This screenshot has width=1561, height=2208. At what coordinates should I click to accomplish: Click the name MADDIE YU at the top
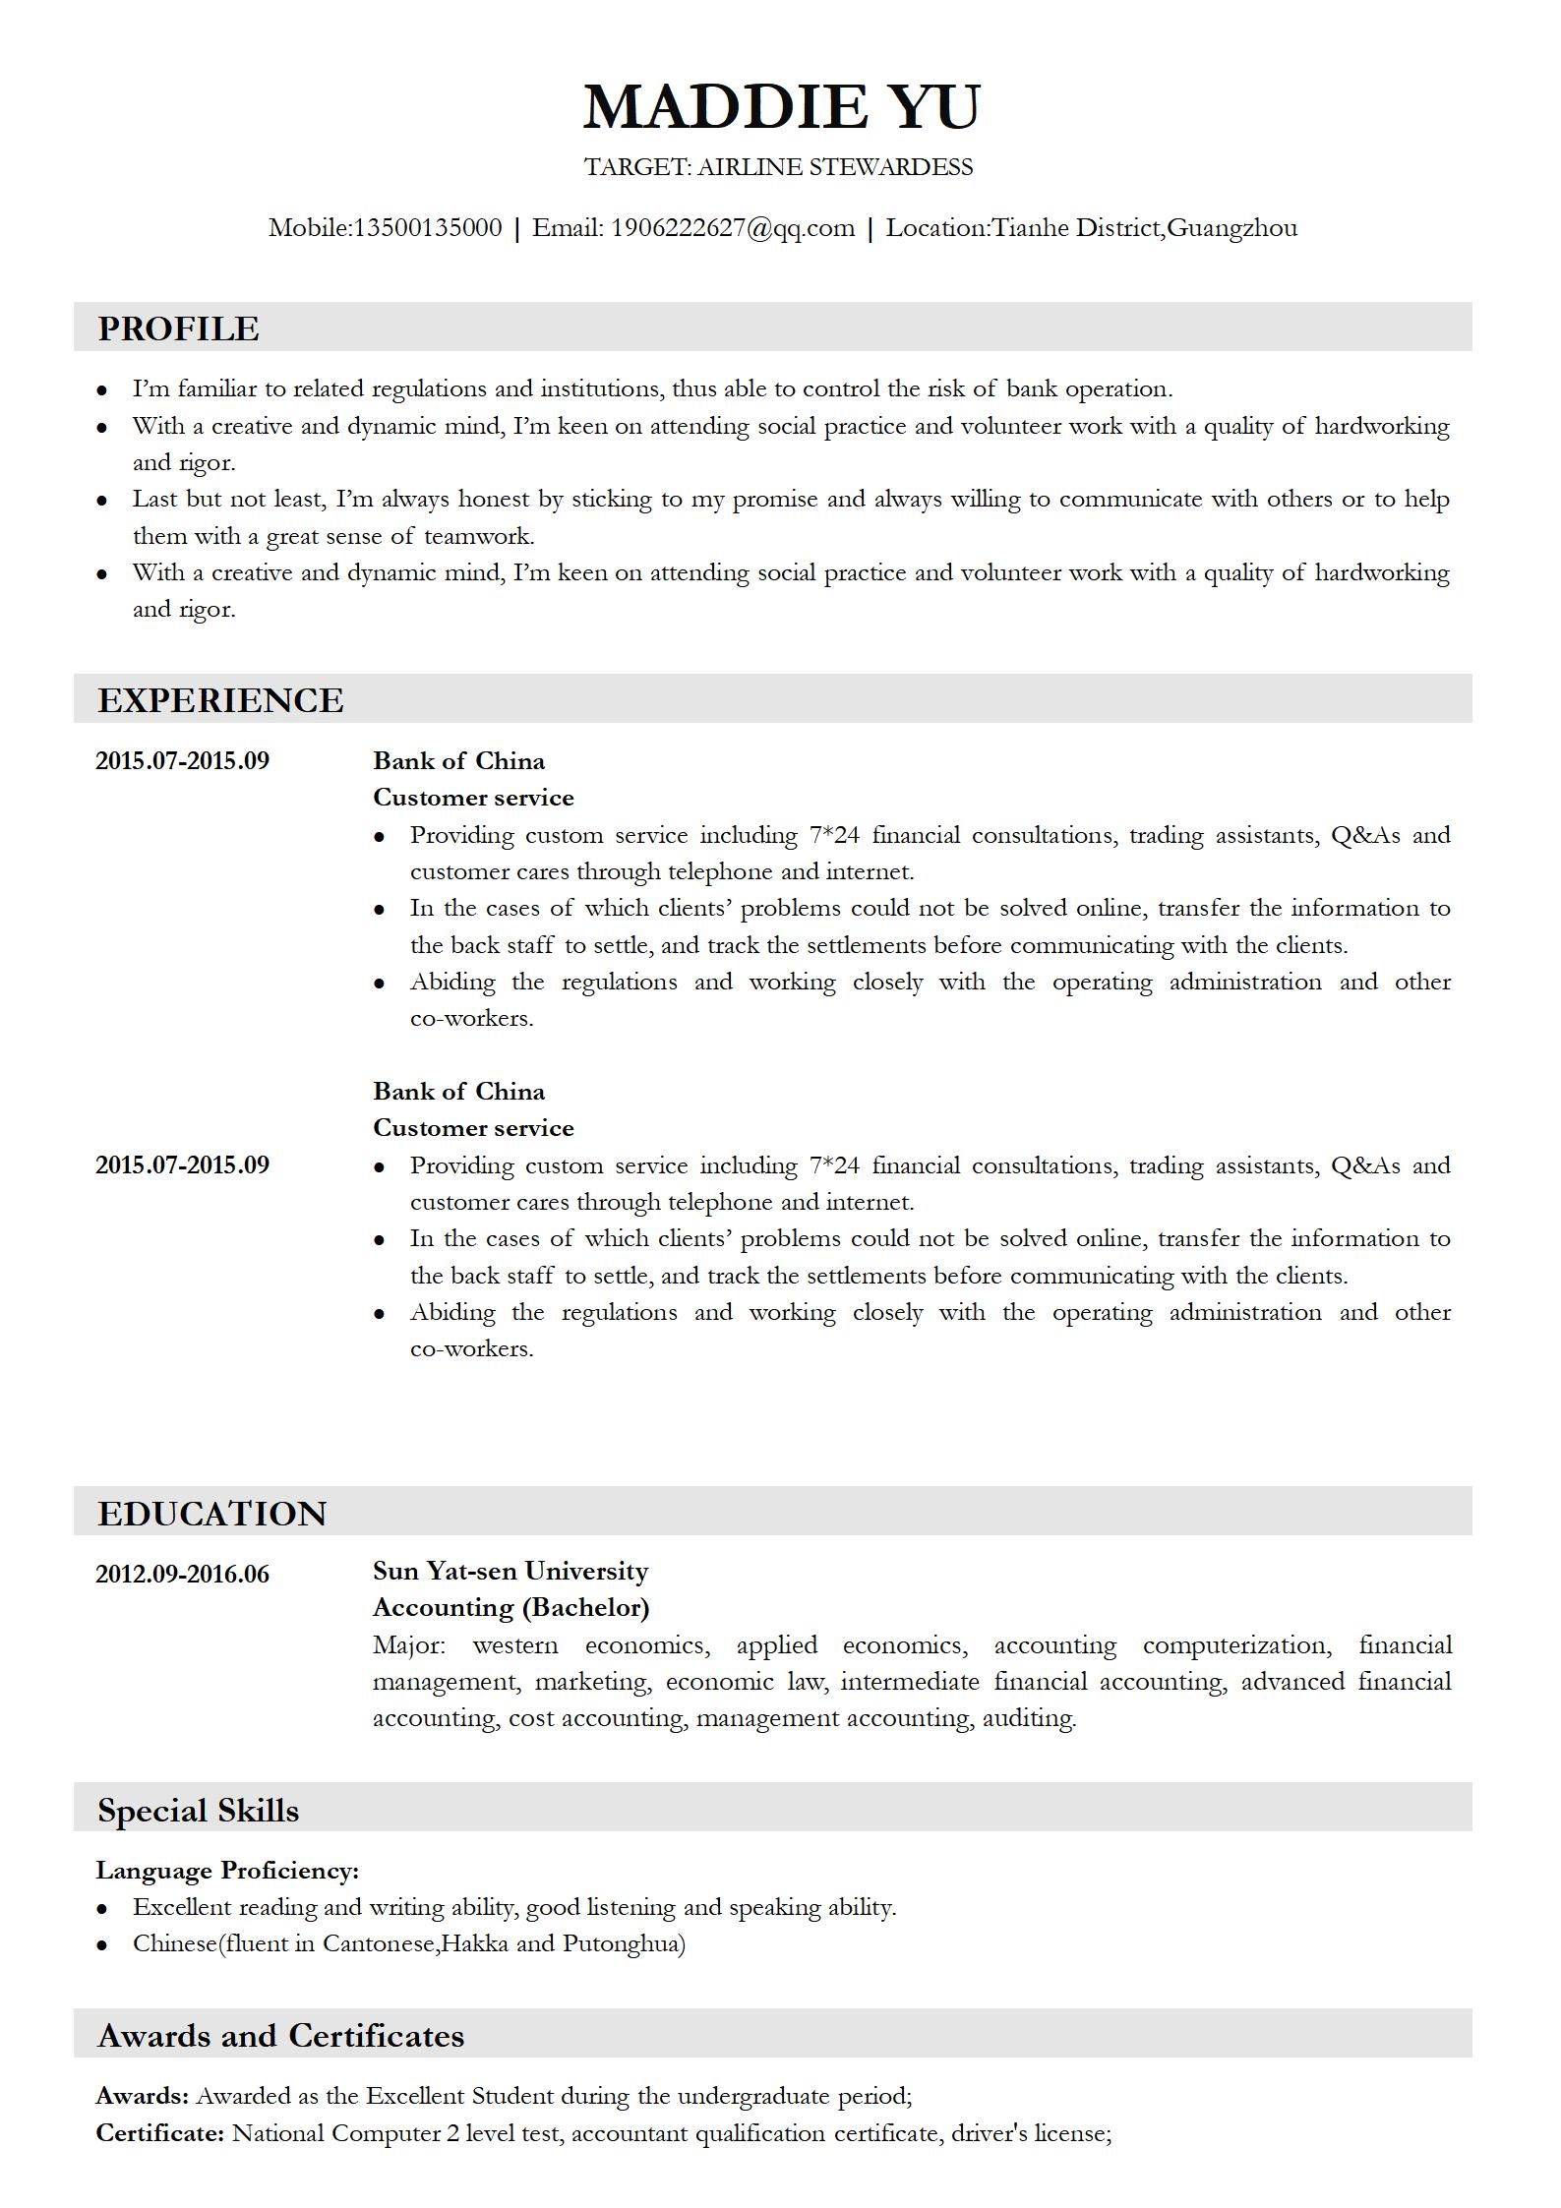(781, 106)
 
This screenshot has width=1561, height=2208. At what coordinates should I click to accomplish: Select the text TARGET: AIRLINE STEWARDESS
(778, 167)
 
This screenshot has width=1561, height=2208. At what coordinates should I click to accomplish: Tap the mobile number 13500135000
(427, 228)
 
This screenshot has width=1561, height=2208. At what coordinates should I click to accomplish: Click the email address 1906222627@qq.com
(732, 228)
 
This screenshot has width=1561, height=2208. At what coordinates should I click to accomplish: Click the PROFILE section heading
(178, 328)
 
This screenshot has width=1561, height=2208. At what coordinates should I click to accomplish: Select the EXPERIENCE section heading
(220, 700)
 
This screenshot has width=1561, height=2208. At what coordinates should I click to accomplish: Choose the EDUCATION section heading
(211, 1514)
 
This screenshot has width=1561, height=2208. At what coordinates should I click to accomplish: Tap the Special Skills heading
(198, 1811)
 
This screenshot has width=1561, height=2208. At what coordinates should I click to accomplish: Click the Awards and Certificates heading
(280, 2036)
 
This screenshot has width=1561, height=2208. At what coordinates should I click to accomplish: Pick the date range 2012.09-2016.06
(182, 1574)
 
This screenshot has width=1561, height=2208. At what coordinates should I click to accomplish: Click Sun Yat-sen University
(510, 1571)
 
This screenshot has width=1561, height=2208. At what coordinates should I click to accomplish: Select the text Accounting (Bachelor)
(510, 1607)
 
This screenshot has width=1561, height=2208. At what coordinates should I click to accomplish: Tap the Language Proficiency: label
(227, 1871)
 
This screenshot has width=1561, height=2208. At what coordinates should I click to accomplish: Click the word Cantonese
(379, 1943)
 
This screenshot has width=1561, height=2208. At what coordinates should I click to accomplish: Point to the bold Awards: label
(142, 2096)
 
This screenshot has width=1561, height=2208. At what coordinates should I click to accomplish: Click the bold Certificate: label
(160, 2133)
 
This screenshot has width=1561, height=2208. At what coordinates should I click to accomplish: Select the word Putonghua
(623, 1943)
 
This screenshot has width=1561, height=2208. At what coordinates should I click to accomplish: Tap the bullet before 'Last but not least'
(101, 501)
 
